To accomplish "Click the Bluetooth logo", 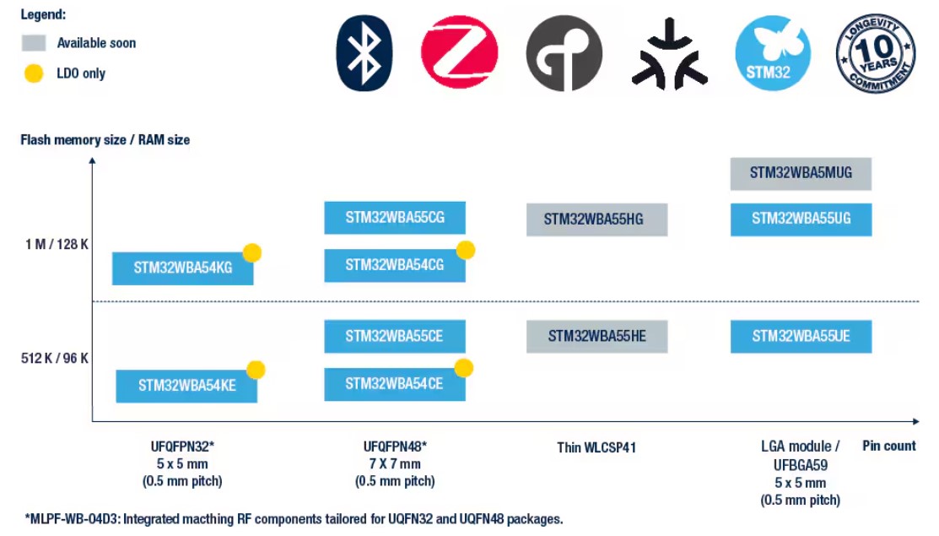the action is [364, 53].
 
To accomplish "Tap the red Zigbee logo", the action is [459, 52].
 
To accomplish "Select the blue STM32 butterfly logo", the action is [773, 53].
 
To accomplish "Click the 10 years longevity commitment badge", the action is [876, 53].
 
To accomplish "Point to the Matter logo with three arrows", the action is [670, 55].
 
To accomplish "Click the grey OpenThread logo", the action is [564, 53].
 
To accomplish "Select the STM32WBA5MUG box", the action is [801, 174].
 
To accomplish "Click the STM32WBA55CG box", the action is [395, 218].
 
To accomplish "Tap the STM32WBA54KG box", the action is [182, 268].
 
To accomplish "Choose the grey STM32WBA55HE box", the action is [597, 337].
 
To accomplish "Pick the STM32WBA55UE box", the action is [801, 337].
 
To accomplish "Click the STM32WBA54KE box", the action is [186, 386].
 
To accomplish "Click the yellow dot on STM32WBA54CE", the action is [463, 368].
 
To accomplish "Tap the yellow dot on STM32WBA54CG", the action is [466, 250].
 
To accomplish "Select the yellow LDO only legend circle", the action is [34, 73].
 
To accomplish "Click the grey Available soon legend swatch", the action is [34, 42].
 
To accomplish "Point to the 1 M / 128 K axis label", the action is [57, 244].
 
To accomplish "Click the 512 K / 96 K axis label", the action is [55, 358].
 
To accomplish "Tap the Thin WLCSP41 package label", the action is [596, 447].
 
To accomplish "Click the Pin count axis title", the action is [888, 446].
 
